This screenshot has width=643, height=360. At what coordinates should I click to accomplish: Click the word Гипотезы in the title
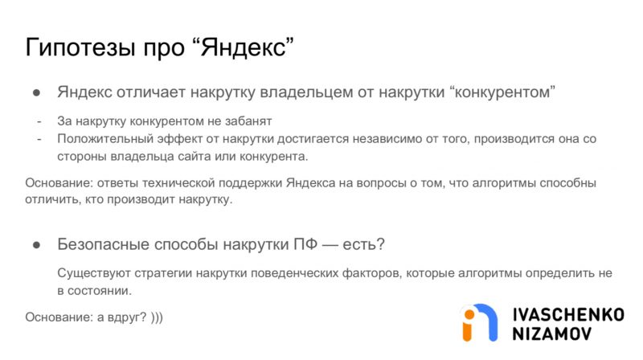click(80, 47)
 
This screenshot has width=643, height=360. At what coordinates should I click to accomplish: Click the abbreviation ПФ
click(305, 244)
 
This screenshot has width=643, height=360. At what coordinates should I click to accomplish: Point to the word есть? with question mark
click(364, 244)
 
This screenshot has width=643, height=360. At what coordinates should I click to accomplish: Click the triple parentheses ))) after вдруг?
click(157, 317)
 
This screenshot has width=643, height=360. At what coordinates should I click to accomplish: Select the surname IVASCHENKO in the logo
click(568, 315)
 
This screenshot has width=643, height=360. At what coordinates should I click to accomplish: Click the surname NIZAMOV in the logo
click(552, 333)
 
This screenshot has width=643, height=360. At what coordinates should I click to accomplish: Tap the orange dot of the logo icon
click(469, 314)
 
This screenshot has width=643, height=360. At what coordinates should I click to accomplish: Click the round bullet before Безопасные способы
click(37, 245)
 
